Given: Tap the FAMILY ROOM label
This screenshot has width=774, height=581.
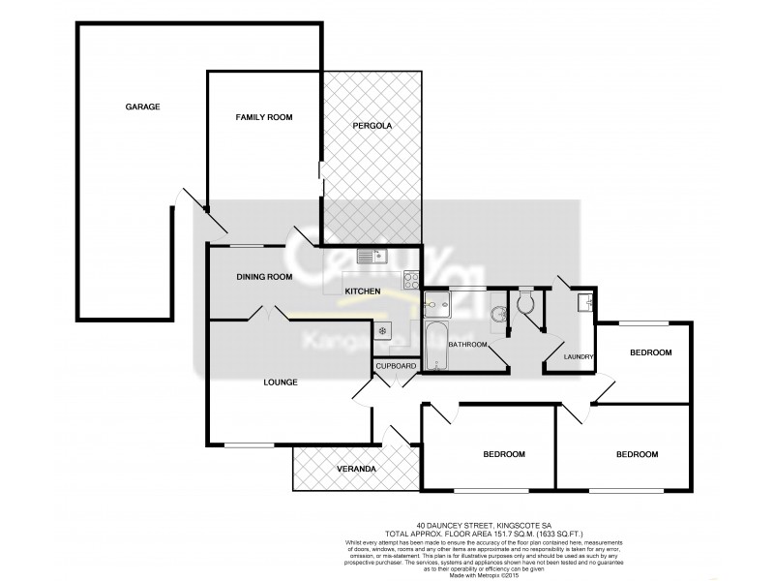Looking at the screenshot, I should pyautogui.click(x=264, y=117).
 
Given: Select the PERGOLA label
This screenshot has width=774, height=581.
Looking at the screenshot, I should pyautogui.click(x=372, y=127).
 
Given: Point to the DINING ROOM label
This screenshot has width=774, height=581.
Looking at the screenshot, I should pyautogui.click(x=264, y=277).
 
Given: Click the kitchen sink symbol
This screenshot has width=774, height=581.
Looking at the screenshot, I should pyautogui.click(x=371, y=256).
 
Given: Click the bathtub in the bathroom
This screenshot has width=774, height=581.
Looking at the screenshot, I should pyautogui.click(x=436, y=347).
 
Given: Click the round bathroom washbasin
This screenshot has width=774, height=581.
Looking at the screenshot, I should pyautogui.click(x=499, y=316).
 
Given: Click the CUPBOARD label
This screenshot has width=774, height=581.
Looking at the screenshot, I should pyautogui.click(x=396, y=366).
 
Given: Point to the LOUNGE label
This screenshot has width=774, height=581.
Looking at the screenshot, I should pyautogui.click(x=280, y=382).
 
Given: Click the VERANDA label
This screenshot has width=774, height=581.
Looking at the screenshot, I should pyautogui.click(x=356, y=469).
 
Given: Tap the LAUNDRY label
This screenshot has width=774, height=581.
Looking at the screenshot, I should pyautogui.click(x=579, y=356).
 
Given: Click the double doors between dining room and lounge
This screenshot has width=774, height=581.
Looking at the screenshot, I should pyautogui.click(x=267, y=314).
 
